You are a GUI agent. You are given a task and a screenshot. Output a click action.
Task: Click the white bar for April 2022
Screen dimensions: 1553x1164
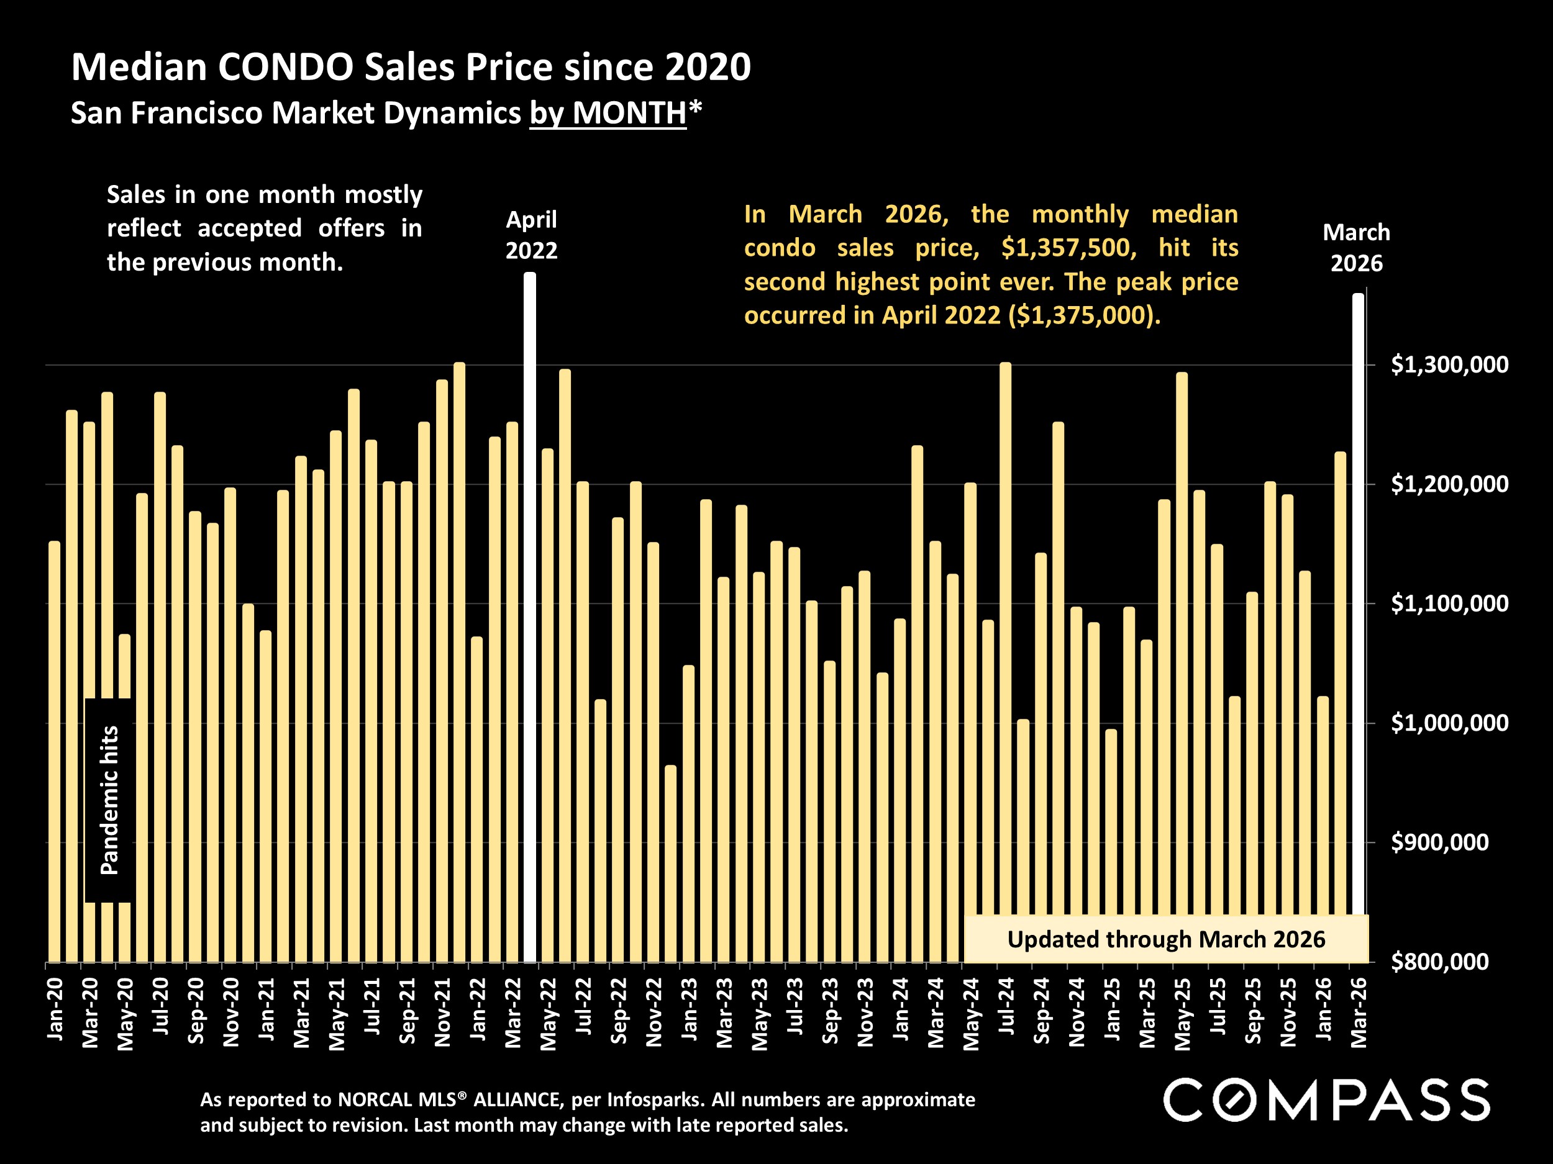pos(530,618)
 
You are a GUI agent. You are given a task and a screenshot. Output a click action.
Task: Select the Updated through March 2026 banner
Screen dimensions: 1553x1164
pos(1166,939)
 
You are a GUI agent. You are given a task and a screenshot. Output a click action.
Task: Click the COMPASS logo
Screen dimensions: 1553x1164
pos(1326,1099)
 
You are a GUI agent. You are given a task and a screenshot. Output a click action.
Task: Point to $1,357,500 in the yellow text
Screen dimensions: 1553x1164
pos(1068,248)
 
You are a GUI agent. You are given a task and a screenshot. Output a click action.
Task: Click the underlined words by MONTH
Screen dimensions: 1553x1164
pos(608,113)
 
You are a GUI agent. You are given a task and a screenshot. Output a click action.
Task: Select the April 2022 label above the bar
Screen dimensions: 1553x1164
pos(532,235)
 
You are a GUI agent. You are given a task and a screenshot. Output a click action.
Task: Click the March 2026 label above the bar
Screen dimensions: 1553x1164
pos(1357,248)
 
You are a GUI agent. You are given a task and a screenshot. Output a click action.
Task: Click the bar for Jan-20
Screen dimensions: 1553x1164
pos(55,751)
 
